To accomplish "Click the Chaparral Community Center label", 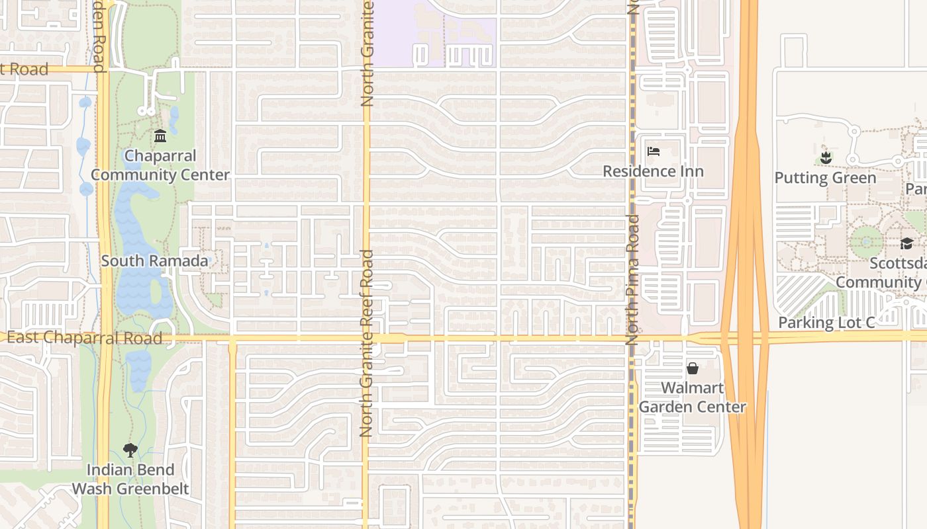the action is point(160,165).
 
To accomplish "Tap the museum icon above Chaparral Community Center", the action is point(160,136).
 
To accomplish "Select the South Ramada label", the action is point(154,261).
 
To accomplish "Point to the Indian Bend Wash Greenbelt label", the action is point(130,479).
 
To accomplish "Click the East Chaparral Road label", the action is point(85,338).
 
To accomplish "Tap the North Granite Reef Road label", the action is point(367,344).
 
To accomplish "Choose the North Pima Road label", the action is point(632,279).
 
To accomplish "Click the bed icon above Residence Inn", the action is point(653,151).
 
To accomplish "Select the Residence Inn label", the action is point(653,171).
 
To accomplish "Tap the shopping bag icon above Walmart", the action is point(693,368).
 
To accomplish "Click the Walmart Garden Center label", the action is point(693,397).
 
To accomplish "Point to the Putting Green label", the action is point(825,177).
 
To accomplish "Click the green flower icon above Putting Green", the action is point(825,157).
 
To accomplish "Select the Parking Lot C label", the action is point(826,323).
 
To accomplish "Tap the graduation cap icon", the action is point(906,243).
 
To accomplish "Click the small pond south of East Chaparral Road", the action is point(139,370).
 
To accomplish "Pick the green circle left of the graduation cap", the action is point(865,241).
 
